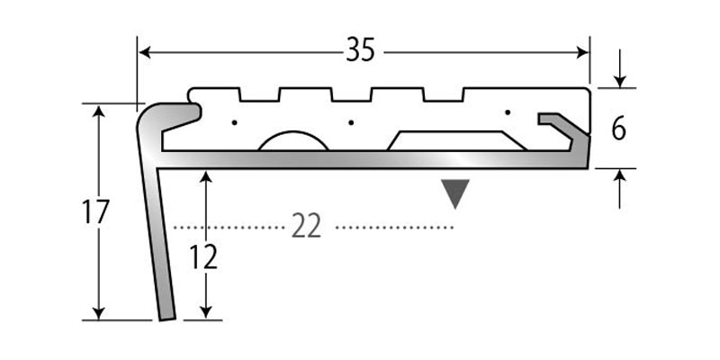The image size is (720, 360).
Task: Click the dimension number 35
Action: [360, 51]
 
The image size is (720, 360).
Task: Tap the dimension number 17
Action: [94, 212]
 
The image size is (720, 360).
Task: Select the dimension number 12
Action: [205, 257]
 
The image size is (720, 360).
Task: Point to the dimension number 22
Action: [307, 227]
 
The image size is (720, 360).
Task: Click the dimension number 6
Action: [618, 129]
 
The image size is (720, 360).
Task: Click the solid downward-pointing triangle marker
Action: [456, 193]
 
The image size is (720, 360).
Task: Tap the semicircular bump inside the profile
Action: [292, 141]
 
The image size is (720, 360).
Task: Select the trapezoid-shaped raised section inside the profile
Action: [456, 140]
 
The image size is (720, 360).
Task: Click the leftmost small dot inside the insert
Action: [233, 121]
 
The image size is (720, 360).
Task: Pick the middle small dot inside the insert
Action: [351, 121]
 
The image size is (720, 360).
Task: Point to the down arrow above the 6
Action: [618, 80]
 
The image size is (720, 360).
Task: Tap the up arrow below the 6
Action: [619, 176]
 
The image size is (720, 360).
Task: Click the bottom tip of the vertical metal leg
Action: [166, 318]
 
